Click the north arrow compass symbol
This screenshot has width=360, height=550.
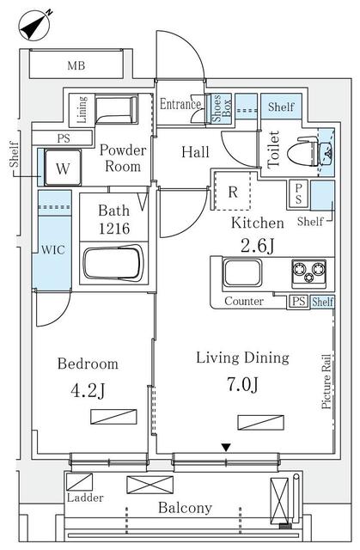click(x=36, y=26)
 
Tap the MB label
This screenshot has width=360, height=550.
click(x=76, y=65)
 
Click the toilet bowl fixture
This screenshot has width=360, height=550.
click(x=302, y=153)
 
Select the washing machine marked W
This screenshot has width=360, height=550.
click(x=63, y=168)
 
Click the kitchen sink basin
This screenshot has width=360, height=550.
click(x=242, y=272)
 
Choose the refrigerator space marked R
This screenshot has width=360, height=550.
click(x=233, y=191)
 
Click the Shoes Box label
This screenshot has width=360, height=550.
click(x=222, y=107)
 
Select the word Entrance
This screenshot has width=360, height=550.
click(x=180, y=104)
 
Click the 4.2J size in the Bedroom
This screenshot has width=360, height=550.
click(x=88, y=391)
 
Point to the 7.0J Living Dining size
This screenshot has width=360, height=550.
click(x=242, y=385)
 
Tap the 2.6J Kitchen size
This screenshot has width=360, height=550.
click(x=258, y=246)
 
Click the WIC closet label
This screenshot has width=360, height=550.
click(x=53, y=250)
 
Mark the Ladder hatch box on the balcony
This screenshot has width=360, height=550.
click(x=80, y=482)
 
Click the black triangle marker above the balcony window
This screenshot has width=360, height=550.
click(x=227, y=448)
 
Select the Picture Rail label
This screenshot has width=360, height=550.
click(x=326, y=381)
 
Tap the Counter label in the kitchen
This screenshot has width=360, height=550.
click(x=244, y=301)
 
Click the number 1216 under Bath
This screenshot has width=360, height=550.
click(x=114, y=229)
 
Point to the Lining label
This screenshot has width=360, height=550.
click(x=82, y=109)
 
